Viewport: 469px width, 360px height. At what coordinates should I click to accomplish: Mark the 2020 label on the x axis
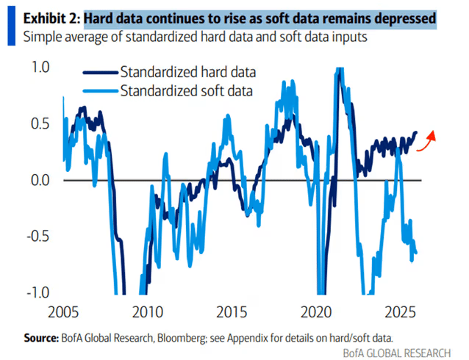coord(318,312)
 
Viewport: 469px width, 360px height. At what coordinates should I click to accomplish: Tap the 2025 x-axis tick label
coord(402,312)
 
